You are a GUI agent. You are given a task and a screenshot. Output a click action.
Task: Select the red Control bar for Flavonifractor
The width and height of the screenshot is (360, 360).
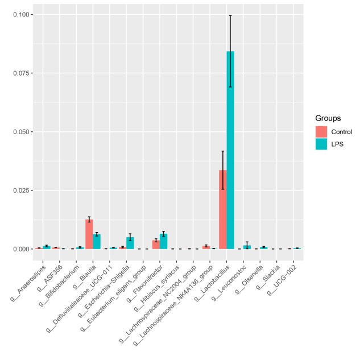156,245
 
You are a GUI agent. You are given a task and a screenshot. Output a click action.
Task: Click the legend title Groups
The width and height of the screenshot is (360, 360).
328,118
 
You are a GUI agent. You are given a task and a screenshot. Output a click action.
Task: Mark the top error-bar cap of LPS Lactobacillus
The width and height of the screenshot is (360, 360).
230,15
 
